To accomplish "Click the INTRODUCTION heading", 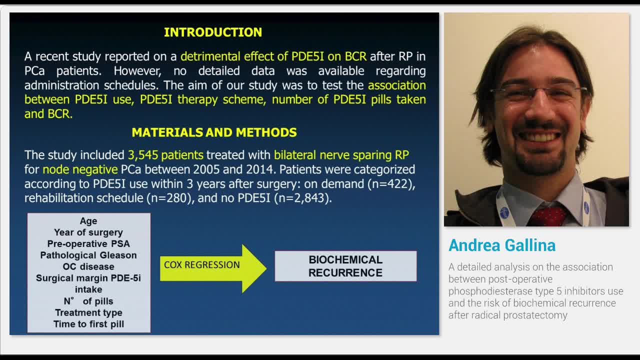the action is click(x=213, y=32).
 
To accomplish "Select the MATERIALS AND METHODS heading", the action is click(x=214, y=132).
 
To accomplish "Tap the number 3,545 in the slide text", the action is click(x=143, y=155).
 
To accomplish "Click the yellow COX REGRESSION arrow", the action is click(x=213, y=268).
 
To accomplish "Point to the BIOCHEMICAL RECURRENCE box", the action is click(x=345, y=266).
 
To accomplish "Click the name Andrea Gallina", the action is click(x=502, y=245).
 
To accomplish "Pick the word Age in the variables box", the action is click(x=88, y=221).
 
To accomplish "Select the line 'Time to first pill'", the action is click(x=88, y=324).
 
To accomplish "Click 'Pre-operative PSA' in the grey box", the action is click(x=88, y=243).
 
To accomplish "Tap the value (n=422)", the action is click(x=391, y=184).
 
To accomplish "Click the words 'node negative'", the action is click(x=80, y=169).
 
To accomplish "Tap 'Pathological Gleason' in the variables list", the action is click(x=88, y=255).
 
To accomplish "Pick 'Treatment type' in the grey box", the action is click(x=88, y=312).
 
